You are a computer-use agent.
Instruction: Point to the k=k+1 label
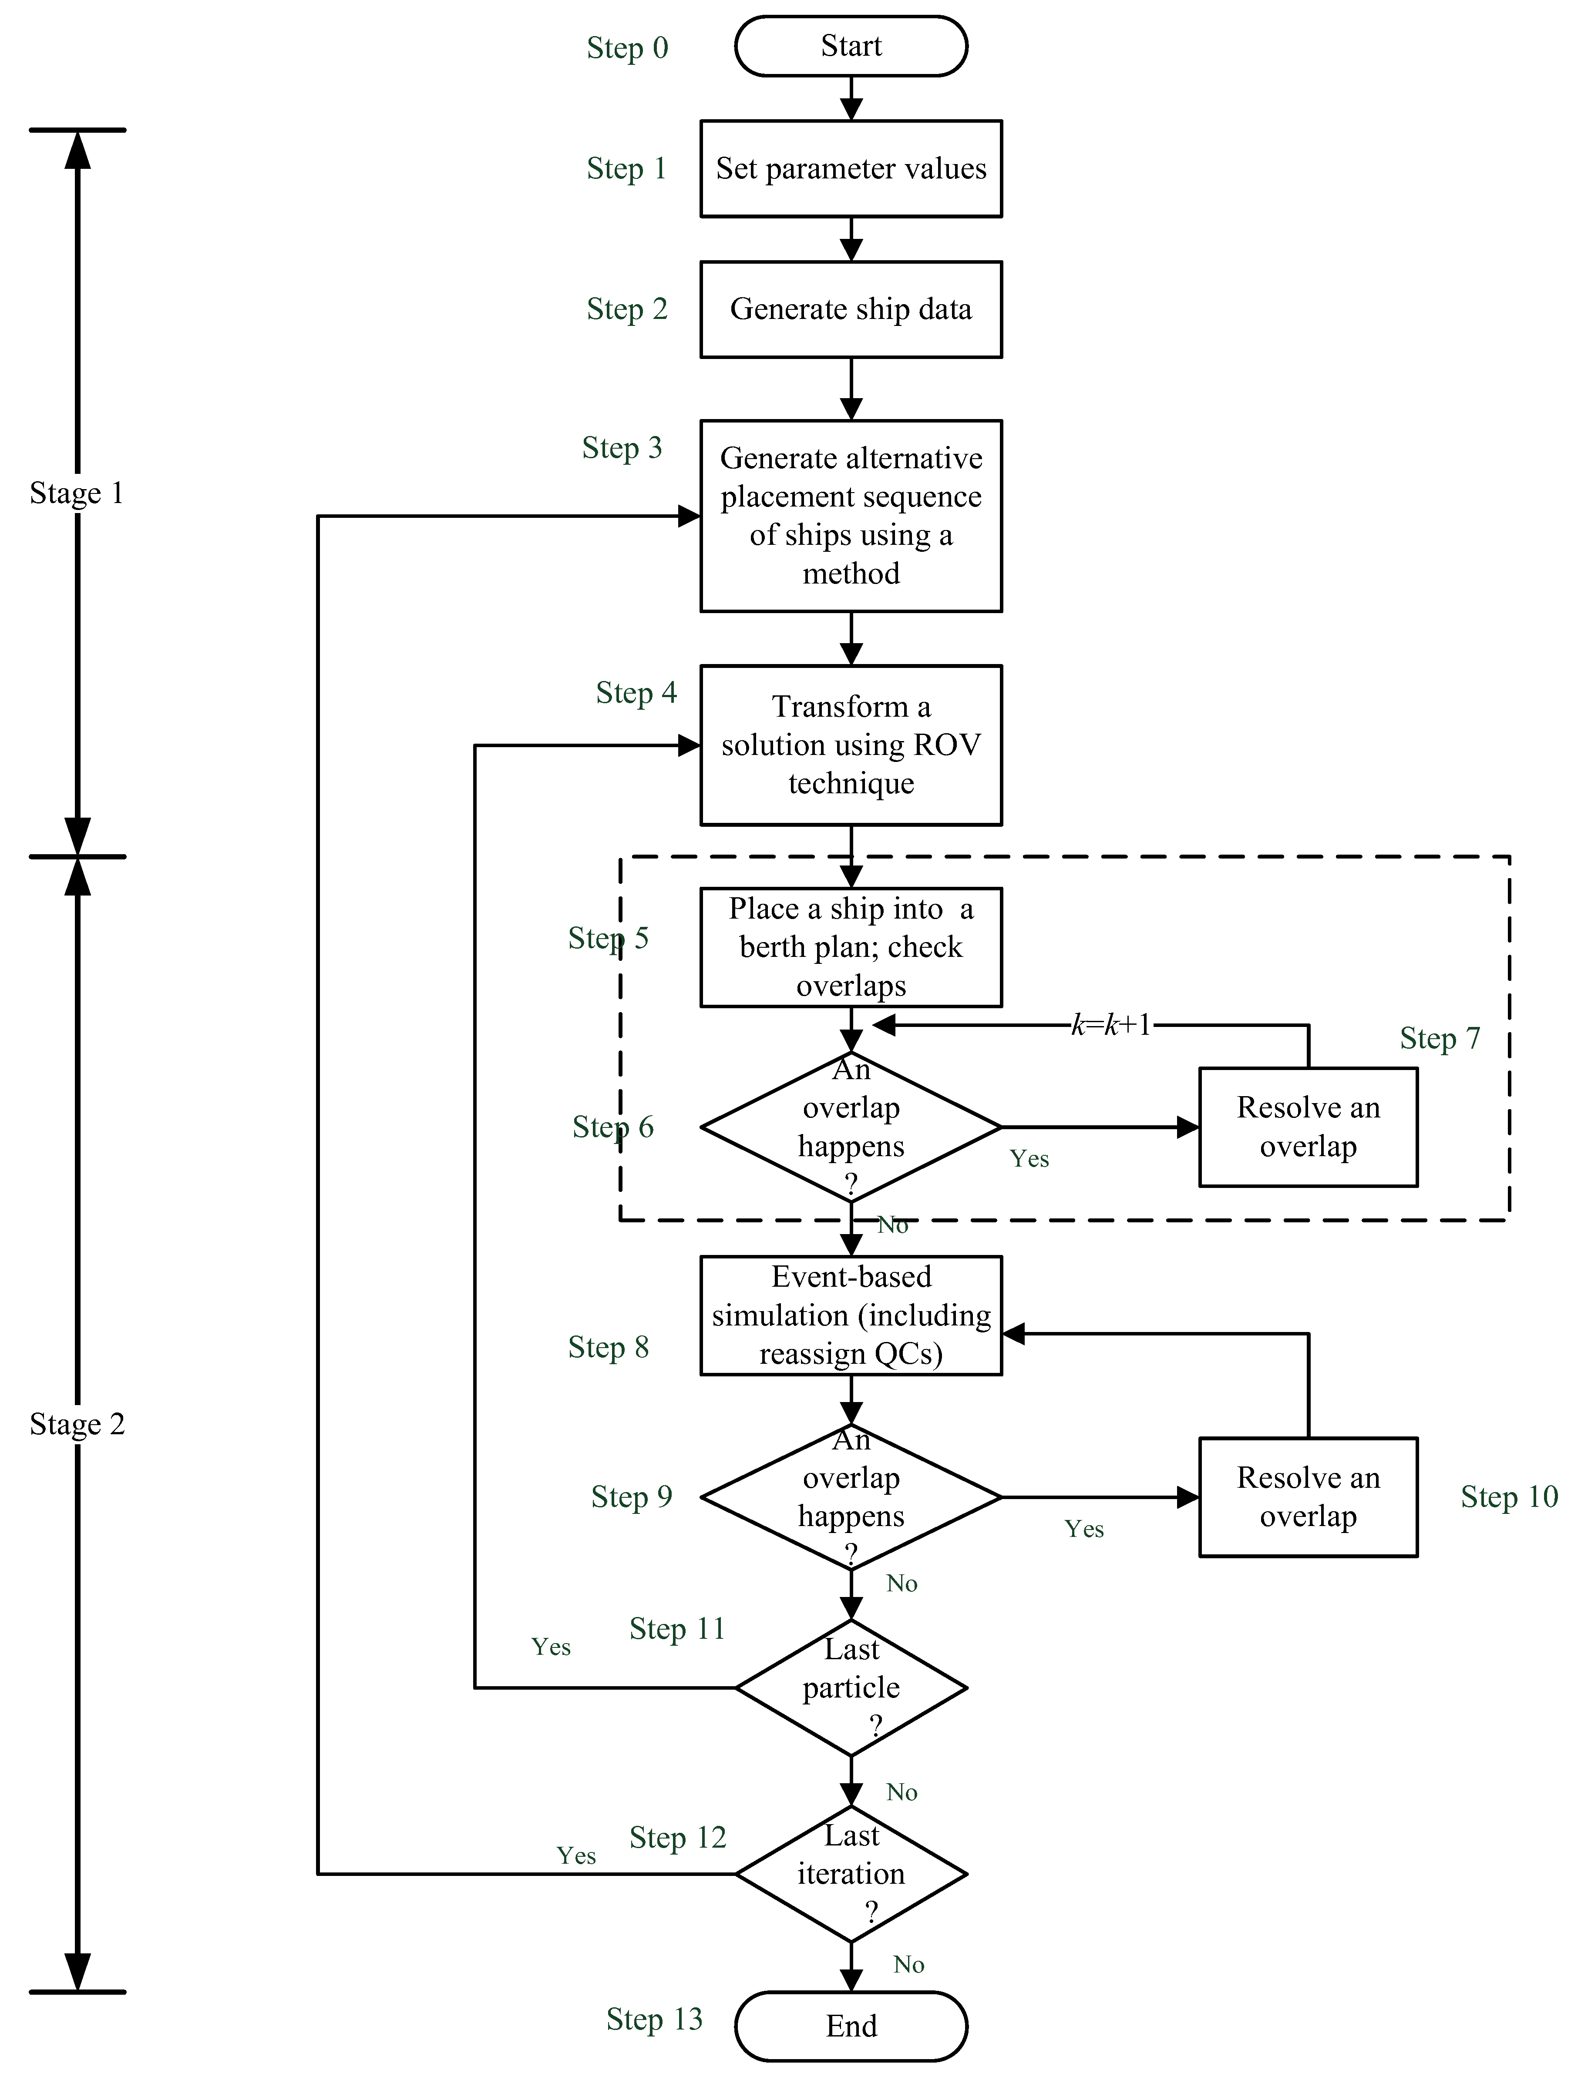[1111, 1025]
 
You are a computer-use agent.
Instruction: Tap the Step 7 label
[1439, 1038]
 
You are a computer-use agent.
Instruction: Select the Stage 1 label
[77, 493]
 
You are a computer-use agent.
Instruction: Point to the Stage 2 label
[77, 1424]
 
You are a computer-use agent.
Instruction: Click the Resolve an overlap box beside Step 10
[1308, 1497]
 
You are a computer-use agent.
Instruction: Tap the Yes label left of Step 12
[576, 1855]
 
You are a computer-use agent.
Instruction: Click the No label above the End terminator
[909, 1964]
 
